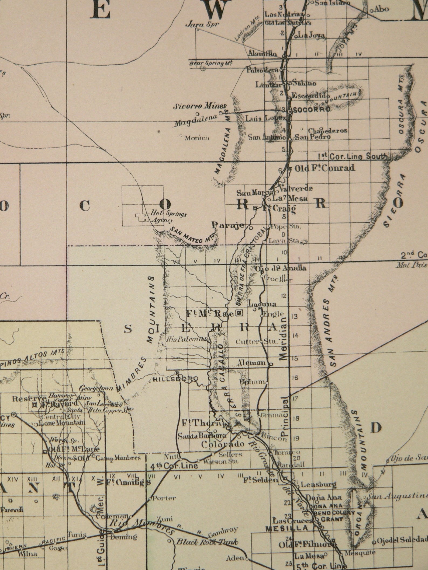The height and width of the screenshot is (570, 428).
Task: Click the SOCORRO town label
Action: point(311,110)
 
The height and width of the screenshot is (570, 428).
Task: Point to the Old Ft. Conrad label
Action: point(325,168)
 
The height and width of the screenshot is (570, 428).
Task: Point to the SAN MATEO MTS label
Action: point(193,235)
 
